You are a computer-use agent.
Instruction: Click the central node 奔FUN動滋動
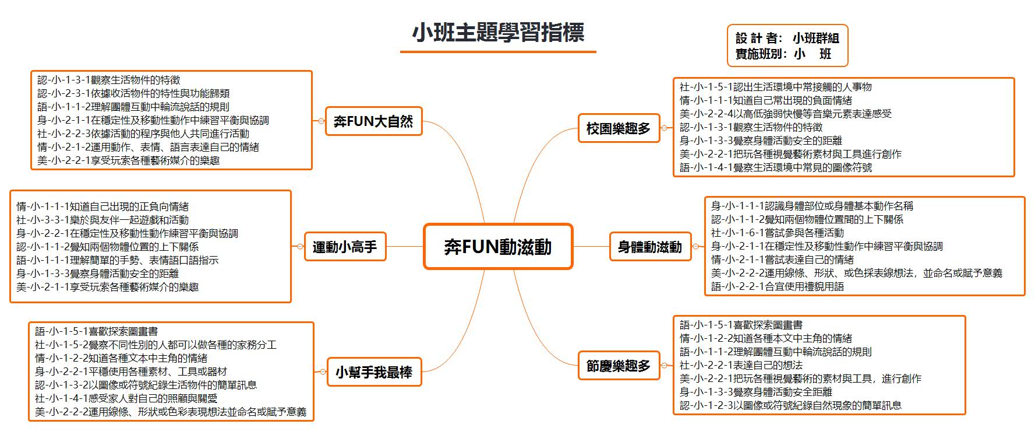coord(498,247)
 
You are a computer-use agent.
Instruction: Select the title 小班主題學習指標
coord(498,33)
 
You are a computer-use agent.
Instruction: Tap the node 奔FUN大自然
coord(373,121)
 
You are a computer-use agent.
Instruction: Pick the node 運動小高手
coord(345,247)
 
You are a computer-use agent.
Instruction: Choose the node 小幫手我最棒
coord(374,372)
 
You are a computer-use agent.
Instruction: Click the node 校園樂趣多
coord(619,128)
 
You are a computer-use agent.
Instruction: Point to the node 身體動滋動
coord(650,247)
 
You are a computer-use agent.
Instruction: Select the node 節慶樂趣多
coord(619,366)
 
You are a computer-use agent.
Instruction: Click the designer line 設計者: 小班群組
coord(787,38)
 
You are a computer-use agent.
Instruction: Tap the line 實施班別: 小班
coord(783,54)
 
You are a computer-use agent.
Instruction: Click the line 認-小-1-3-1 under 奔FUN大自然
coord(109,80)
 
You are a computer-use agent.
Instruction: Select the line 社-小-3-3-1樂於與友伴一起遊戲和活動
coord(103,220)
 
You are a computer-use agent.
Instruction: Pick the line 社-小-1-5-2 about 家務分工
coord(156,345)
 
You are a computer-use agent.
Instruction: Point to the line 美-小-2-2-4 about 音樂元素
coord(785,114)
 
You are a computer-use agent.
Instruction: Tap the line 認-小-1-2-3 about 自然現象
coord(790,405)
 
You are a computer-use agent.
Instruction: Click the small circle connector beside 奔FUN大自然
coord(321,121)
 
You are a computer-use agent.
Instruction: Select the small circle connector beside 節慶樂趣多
coord(664,366)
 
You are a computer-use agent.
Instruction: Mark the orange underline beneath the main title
coord(498,52)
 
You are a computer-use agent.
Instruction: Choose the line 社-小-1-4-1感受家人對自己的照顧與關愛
coord(126,398)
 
